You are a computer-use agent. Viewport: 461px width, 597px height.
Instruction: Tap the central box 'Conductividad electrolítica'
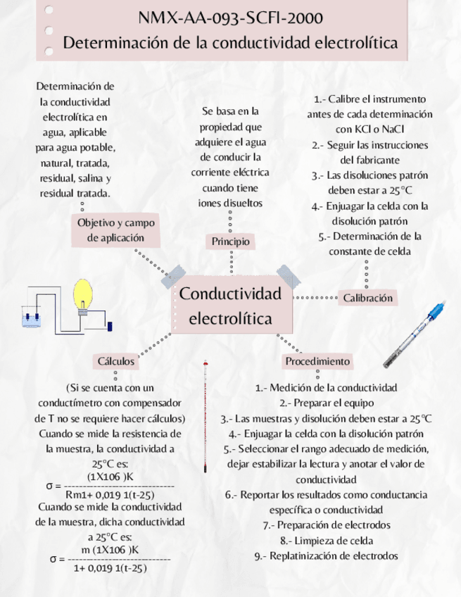[x=230, y=306]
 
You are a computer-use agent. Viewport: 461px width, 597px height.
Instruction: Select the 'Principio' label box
[x=231, y=241]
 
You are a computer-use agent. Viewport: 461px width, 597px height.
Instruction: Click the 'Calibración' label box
[x=367, y=298]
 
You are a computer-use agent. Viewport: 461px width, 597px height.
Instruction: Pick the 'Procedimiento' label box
[x=317, y=361]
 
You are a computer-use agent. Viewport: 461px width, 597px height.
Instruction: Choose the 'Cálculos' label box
[x=116, y=361]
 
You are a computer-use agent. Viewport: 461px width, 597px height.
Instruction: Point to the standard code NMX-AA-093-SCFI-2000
[x=231, y=18]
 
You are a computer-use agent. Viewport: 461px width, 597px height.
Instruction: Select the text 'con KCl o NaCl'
[x=370, y=129]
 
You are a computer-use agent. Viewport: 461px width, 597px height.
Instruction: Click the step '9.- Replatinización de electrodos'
[x=326, y=555]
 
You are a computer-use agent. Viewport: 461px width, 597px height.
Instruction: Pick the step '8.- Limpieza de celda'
[x=326, y=540]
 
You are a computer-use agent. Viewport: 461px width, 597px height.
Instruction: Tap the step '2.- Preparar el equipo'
[x=326, y=403]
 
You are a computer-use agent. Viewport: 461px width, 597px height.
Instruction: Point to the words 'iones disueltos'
[x=230, y=203]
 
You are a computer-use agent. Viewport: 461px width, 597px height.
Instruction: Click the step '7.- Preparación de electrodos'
[x=326, y=524]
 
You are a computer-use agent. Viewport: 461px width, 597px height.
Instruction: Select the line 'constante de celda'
[x=370, y=251]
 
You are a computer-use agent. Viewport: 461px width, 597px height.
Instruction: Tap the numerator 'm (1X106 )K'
[x=110, y=549]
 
